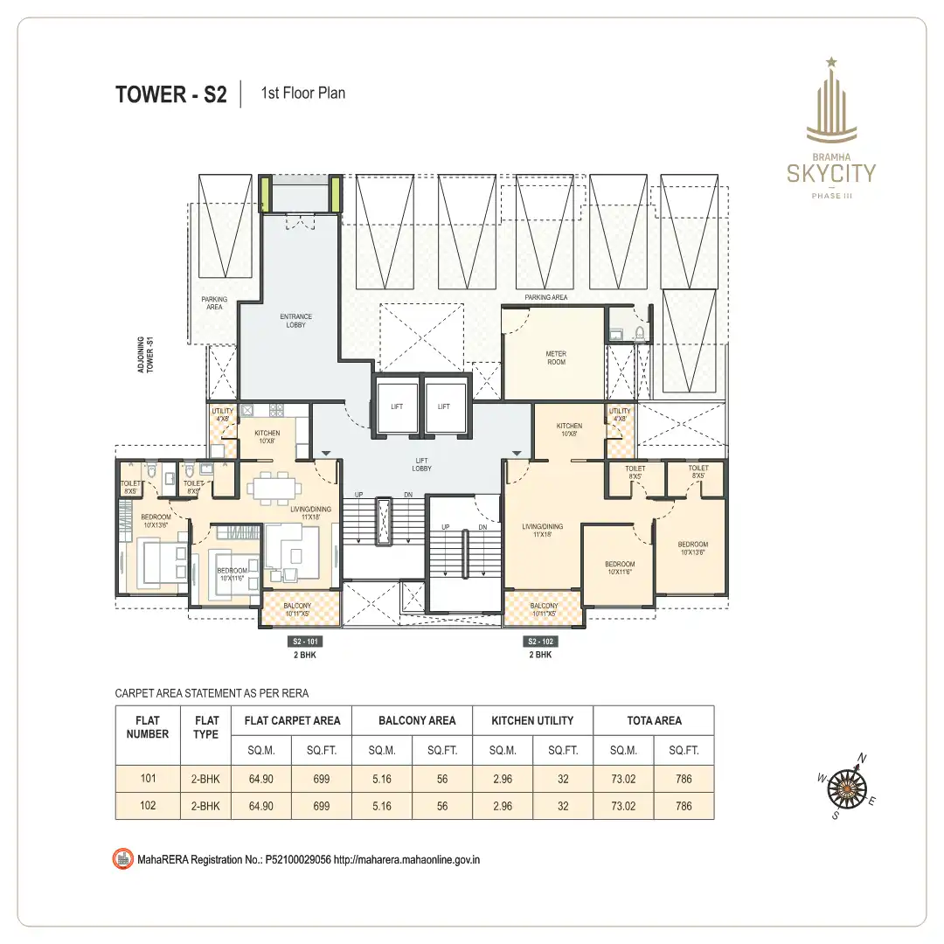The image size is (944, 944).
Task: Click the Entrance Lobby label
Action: click(x=295, y=321)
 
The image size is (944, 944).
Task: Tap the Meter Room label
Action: click(x=556, y=358)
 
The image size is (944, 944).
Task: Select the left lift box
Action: click(x=397, y=406)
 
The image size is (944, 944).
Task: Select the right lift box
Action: click(x=443, y=406)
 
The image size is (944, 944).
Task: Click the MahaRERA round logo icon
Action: click(x=123, y=859)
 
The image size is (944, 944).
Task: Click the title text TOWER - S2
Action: click(x=170, y=94)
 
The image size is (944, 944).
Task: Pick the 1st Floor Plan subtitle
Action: click(x=302, y=94)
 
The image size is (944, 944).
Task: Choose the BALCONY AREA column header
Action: click(x=417, y=721)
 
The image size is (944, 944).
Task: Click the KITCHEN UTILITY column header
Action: click(x=532, y=721)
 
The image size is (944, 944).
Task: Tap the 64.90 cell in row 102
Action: click(x=261, y=806)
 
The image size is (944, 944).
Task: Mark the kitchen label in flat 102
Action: click(x=569, y=430)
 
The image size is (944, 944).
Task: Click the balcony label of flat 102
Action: click(x=544, y=609)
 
